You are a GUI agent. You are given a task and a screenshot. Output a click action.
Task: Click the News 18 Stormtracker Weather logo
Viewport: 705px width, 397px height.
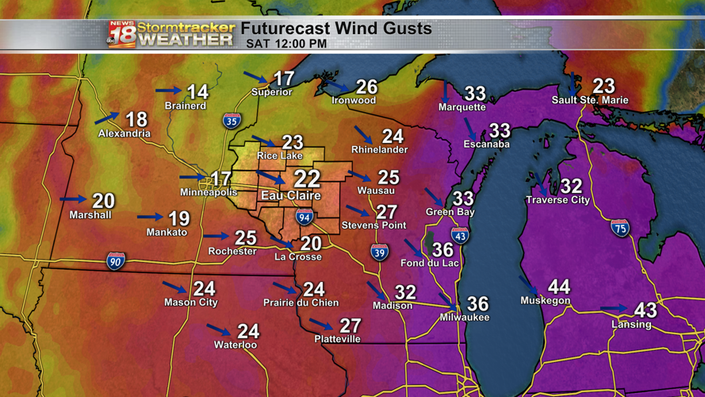click(x=171, y=34)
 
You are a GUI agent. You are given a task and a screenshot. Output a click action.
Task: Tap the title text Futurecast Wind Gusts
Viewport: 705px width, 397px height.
click(x=336, y=29)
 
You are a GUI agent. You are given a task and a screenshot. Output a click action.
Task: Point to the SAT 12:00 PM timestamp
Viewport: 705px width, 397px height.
click(x=286, y=44)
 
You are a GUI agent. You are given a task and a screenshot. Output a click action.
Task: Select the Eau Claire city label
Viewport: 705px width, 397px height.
click(x=291, y=195)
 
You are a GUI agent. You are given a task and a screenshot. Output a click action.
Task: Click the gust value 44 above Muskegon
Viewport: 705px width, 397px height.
click(x=558, y=287)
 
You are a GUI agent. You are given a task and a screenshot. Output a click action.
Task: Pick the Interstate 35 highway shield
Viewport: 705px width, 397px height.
click(x=232, y=121)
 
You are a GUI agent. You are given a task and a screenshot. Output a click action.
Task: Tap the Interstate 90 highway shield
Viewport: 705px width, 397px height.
click(x=116, y=260)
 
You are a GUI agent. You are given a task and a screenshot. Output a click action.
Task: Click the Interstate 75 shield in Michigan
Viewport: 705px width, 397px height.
click(x=620, y=228)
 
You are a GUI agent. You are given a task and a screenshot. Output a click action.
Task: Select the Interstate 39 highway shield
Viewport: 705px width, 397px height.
click(x=380, y=252)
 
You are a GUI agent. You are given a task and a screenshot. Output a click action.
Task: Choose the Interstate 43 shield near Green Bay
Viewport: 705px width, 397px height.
click(x=460, y=234)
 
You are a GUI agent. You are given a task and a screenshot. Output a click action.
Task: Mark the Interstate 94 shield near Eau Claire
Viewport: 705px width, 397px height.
click(x=305, y=217)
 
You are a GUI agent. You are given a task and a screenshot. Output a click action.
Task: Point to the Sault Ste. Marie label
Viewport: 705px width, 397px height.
click(x=590, y=101)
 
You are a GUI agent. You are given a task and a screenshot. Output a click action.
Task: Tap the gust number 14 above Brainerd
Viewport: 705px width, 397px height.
click(x=197, y=91)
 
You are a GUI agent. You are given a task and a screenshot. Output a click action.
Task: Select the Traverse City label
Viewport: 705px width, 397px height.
click(x=558, y=200)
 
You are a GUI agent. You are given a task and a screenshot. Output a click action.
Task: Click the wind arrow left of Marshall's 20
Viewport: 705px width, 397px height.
click(x=73, y=199)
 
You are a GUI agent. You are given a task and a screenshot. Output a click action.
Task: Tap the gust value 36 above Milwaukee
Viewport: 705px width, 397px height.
click(x=477, y=304)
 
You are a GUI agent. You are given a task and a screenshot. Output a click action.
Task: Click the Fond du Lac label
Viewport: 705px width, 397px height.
click(x=430, y=263)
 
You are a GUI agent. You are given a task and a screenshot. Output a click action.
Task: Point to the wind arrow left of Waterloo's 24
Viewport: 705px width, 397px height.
click(x=218, y=329)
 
